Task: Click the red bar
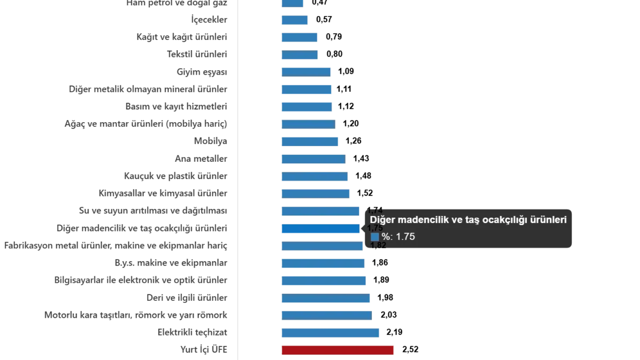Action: coord(338,350)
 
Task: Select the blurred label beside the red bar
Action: coord(205,350)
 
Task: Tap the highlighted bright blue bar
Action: coord(321,229)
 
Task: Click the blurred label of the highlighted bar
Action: coord(143,229)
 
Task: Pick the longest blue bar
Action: coord(330,333)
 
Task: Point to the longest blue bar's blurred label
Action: coord(195,333)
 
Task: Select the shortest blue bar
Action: coord(293,4)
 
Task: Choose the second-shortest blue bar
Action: coord(296,20)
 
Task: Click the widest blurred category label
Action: coord(117,246)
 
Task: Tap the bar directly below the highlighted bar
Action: coord(323,246)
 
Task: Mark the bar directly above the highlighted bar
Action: coord(322,211)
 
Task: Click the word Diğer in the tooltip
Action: coord(381,220)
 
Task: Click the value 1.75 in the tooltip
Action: coord(405,237)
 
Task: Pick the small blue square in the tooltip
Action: coord(374,237)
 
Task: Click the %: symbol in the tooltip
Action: coord(387,237)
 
